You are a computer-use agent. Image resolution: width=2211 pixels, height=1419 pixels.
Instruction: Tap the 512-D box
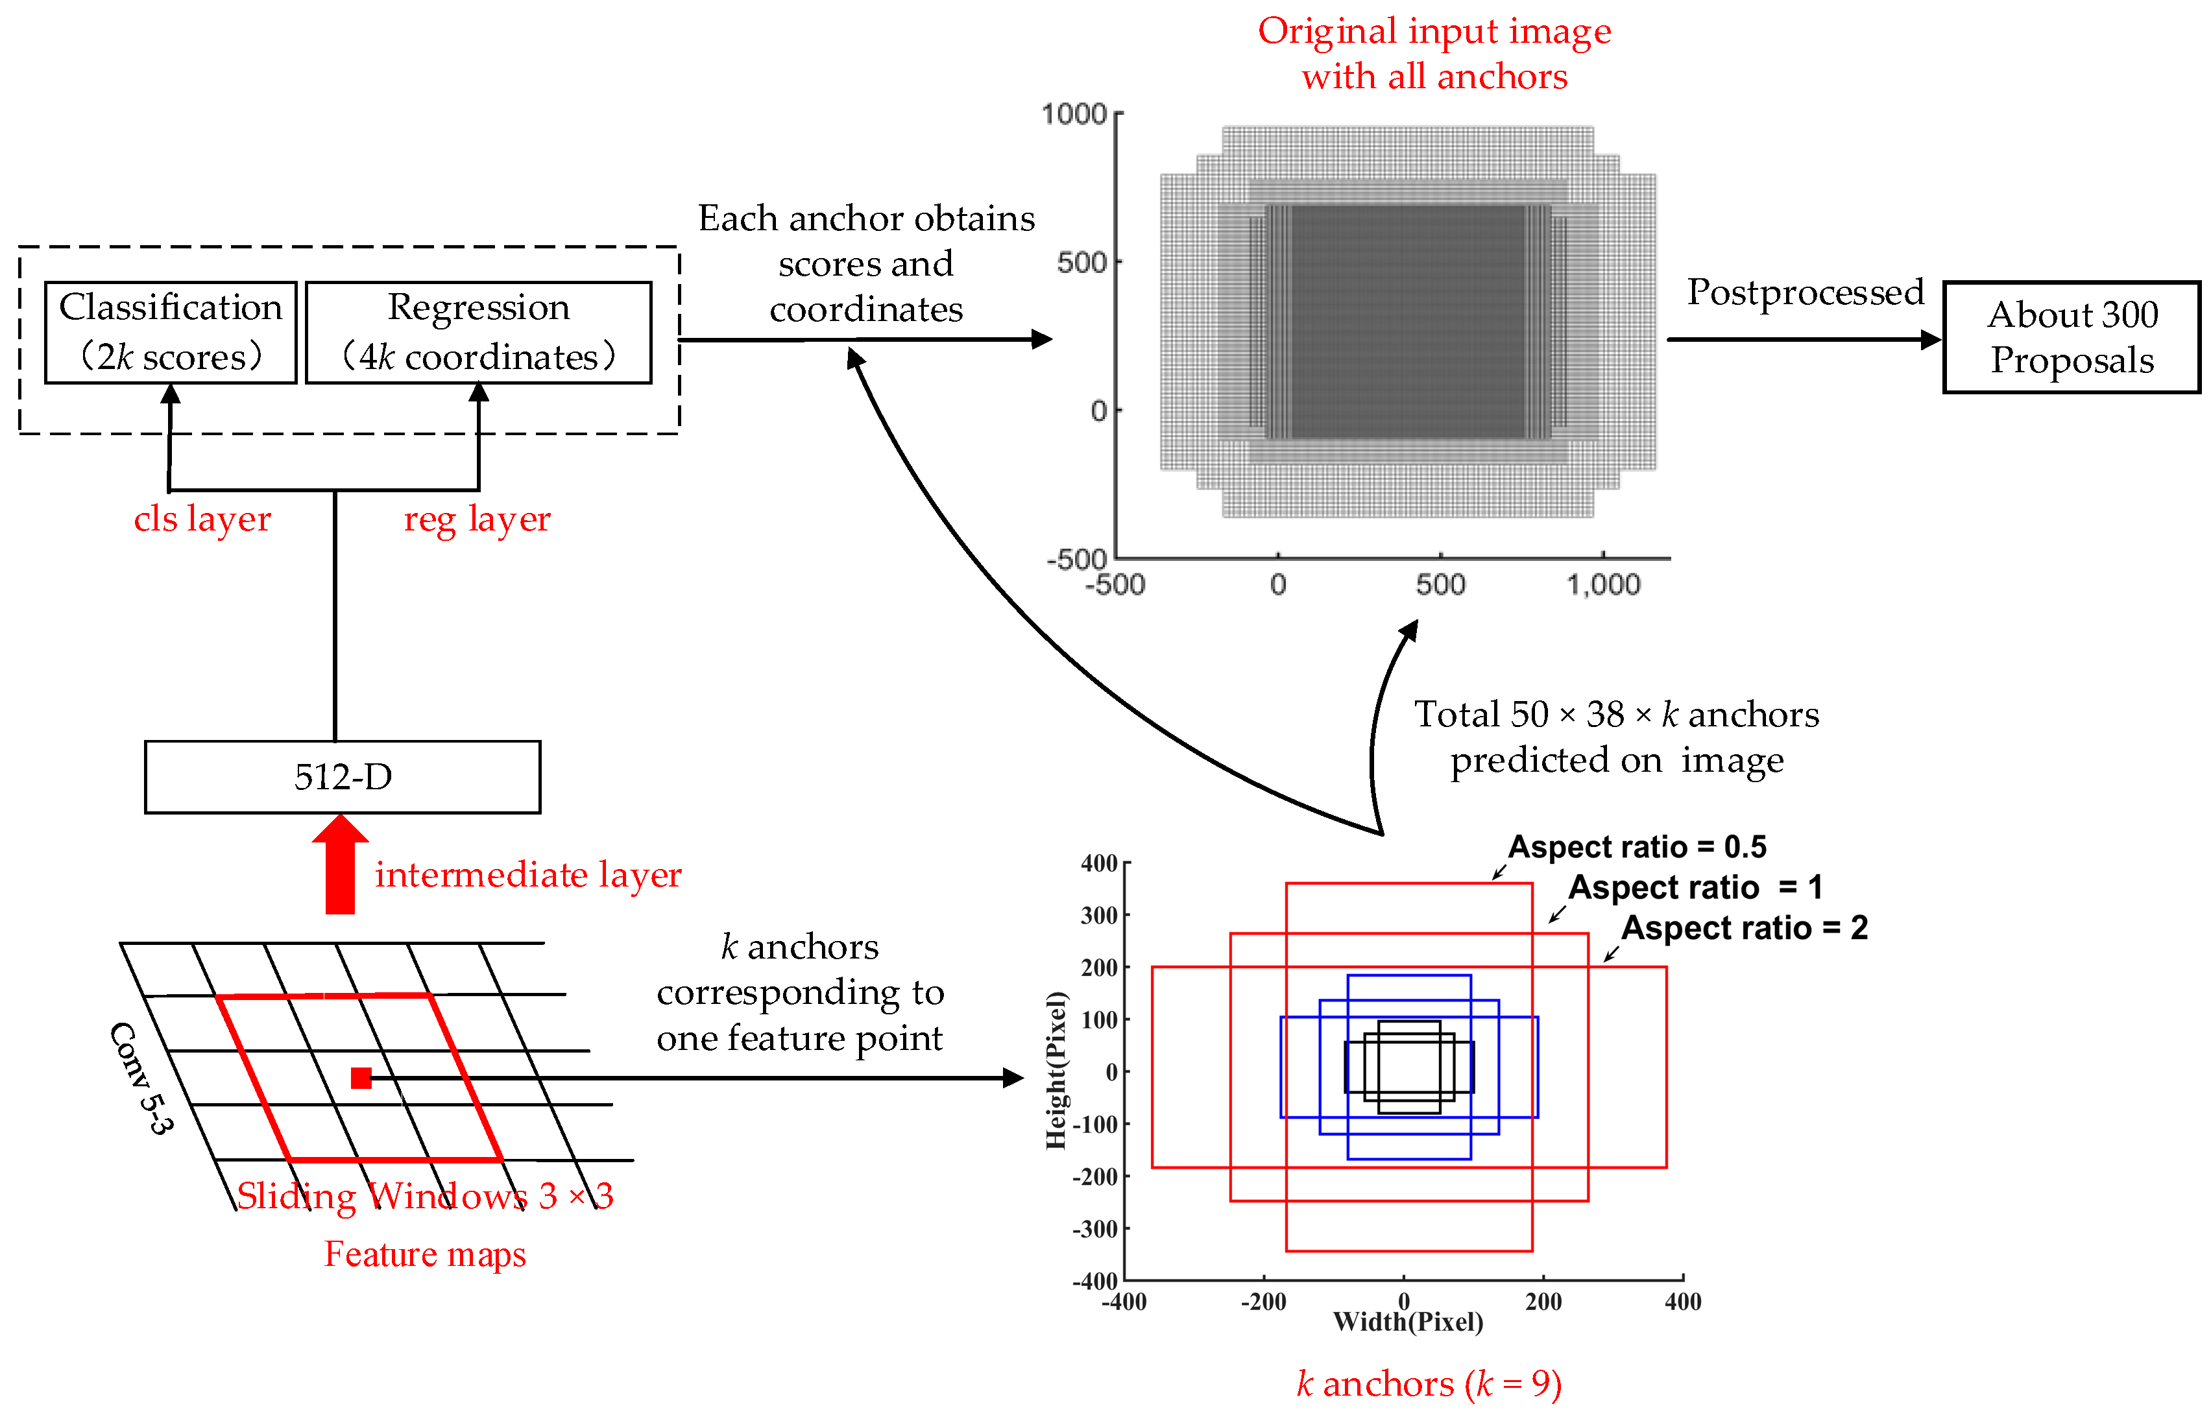pos(343,777)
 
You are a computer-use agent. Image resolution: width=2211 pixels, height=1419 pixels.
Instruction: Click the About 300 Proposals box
pos(2071,337)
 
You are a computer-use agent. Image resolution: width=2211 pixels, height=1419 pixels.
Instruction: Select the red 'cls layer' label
pos(202,519)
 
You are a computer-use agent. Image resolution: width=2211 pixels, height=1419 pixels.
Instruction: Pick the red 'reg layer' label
pos(476,519)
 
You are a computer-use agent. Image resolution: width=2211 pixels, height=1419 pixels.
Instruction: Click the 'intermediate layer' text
pos(528,874)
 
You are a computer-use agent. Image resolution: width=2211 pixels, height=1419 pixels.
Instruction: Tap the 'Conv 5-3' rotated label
pos(140,1077)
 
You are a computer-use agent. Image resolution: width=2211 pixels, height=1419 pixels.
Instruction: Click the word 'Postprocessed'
pos(1805,292)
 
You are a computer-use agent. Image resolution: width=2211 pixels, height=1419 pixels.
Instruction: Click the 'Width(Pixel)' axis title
pos(1407,1322)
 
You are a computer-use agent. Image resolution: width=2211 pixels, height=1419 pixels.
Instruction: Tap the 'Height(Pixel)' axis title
pos(1056,1071)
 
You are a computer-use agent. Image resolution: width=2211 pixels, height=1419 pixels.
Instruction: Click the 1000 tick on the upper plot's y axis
pos(1074,114)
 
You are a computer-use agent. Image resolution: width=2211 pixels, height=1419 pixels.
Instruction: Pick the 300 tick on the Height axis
pos(1098,915)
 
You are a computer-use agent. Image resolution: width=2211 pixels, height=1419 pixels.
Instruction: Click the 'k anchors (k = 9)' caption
pos(1429,1384)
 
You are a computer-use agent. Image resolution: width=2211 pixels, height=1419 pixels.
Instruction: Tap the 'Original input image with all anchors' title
pos(1434,53)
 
